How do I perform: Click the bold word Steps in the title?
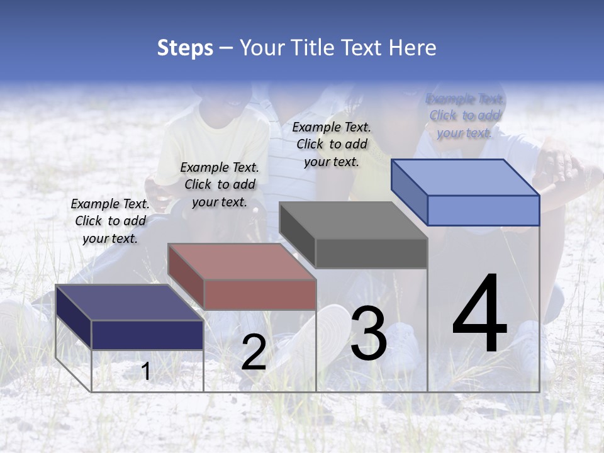click(185, 48)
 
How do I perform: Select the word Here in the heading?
click(412, 48)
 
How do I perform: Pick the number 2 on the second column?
click(254, 353)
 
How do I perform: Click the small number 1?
click(146, 372)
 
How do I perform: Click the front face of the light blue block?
click(483, 210)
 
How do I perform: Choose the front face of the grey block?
click(371, 253)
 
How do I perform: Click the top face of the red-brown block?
click(242, 262)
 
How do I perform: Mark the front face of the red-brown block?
click(260, 294)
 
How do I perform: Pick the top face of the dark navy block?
click(130, 303)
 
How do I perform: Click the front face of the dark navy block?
click(147, 335)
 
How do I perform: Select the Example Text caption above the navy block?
click(110, 221)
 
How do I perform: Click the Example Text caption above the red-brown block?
click(220, 184)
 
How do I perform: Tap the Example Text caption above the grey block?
click(332, 144)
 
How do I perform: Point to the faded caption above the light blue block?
click(465, 116)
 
